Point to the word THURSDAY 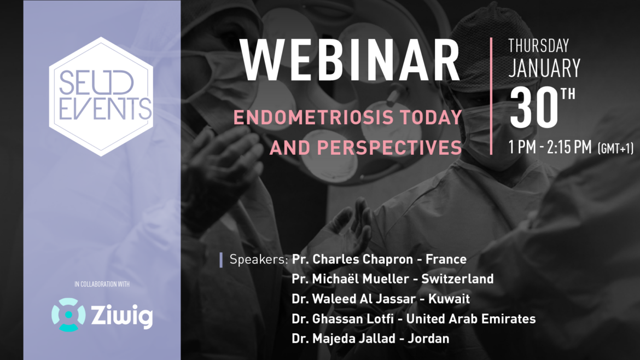(x=539, y=45)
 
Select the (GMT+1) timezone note (x=616, y=148)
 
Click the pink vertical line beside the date (x=491, y=96)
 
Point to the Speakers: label (x=259, y=259)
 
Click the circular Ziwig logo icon (x=68, y=315)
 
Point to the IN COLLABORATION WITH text (x=102, y=284)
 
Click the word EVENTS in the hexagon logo (x=102, y=108)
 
